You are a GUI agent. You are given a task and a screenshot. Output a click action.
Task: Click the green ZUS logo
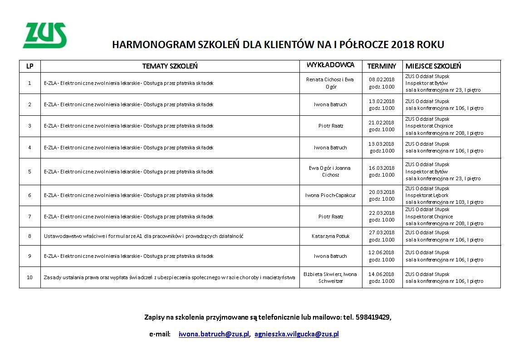click(x=44, y=35)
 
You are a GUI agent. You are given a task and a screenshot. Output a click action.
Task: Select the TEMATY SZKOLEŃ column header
click(x=170, y=66)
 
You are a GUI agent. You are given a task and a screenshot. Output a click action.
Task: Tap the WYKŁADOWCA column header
click(x=330, y=65)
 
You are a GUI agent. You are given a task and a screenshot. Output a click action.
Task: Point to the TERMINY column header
click(x=382, y=66)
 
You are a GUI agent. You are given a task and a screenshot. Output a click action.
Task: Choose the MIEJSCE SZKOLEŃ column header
click(x=433, y=66)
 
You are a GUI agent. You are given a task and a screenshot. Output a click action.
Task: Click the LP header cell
click(x=30, y=66)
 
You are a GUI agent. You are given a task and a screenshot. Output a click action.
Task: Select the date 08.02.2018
click(x=382, y=79)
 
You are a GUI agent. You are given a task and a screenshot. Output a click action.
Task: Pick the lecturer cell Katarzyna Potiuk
click(x=330, y=236)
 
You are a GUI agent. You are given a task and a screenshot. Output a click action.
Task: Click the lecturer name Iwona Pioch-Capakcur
click(x=330, y=195)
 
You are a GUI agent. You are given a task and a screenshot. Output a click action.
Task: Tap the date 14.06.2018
click(x=382, y=274)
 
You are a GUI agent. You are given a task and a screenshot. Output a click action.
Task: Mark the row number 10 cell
click(x=30, y=277)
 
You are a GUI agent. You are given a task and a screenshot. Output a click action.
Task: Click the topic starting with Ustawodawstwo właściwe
click(x=144, y=236)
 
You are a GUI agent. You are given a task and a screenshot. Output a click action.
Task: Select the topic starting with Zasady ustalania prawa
click(x=169, y=277)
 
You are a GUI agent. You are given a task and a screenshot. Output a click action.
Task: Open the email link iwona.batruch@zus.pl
click(x=214, y=334)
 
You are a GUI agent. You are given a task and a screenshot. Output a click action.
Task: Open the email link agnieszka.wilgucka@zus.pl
click(x=297, y=334)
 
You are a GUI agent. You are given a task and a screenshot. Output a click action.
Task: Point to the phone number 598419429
click(x=373, y=317)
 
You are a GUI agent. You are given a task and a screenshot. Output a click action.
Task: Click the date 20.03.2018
click(x=382, y=192)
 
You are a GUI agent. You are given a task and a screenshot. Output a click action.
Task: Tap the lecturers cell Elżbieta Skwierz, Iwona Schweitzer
click(x=330, y=277)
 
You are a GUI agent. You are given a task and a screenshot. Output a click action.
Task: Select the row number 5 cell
click(x=30, y=172)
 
